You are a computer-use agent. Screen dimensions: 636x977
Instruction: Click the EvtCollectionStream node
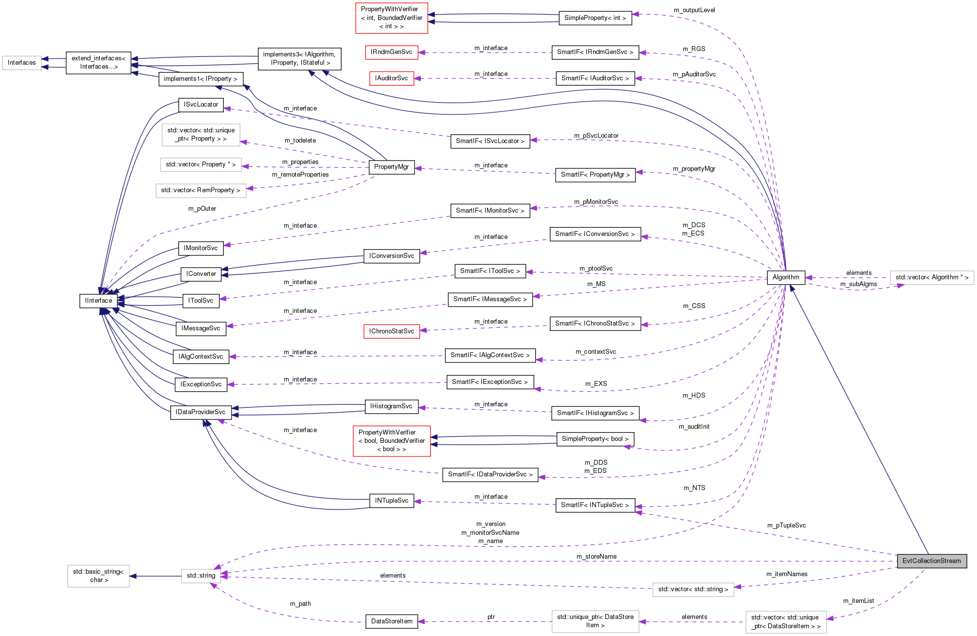point(931,561)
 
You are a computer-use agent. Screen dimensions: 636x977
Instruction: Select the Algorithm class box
point(785,277)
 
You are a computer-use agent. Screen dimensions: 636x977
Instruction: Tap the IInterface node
point(98,301)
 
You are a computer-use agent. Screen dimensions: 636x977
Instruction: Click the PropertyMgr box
point(391,167)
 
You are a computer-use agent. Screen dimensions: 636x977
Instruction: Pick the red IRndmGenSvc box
point(391,52)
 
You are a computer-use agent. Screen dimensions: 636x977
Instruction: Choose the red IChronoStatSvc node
point(391,331)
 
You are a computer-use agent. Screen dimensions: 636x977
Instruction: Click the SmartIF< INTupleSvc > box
point(595,505)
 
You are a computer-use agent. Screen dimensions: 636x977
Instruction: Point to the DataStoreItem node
point(391,621)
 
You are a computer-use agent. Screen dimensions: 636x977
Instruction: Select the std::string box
point(200,576)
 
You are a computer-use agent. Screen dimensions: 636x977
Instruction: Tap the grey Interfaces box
point(21,63)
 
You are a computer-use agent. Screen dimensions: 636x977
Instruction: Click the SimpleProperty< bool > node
point(595,439)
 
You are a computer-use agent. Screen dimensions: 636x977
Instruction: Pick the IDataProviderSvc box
point(200,412)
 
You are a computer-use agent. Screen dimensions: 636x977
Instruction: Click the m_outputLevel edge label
point(694,10)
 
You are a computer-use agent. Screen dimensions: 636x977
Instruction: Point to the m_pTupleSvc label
point(786,526)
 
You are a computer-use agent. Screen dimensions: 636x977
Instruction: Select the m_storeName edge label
point(596,557)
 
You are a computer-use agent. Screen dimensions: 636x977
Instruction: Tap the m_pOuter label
point(202,209)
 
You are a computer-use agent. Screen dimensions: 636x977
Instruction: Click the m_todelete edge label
point(300,141)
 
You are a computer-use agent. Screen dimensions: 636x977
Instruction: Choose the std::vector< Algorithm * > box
point(931,277)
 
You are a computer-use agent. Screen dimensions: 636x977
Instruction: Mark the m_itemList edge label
point(858,601)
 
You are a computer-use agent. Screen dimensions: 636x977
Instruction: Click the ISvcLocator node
point(200,105)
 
